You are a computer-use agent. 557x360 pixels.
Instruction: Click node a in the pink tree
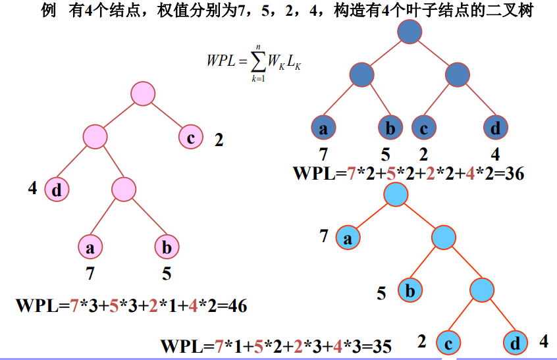[90, 247]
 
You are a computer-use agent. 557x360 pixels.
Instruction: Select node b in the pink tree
[167, 247]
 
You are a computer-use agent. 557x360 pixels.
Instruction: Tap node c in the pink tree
[190, 138]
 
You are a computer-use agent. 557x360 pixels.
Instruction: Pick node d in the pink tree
[57, 191]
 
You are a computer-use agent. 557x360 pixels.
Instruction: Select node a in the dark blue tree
[323, 128]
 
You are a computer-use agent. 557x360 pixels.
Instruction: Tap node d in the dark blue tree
[495, 128]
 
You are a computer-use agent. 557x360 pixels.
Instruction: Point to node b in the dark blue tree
[390, 128]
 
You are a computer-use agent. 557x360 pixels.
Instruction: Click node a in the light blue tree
[348, 238]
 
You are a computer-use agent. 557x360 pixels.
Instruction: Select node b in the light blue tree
[410, 290]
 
